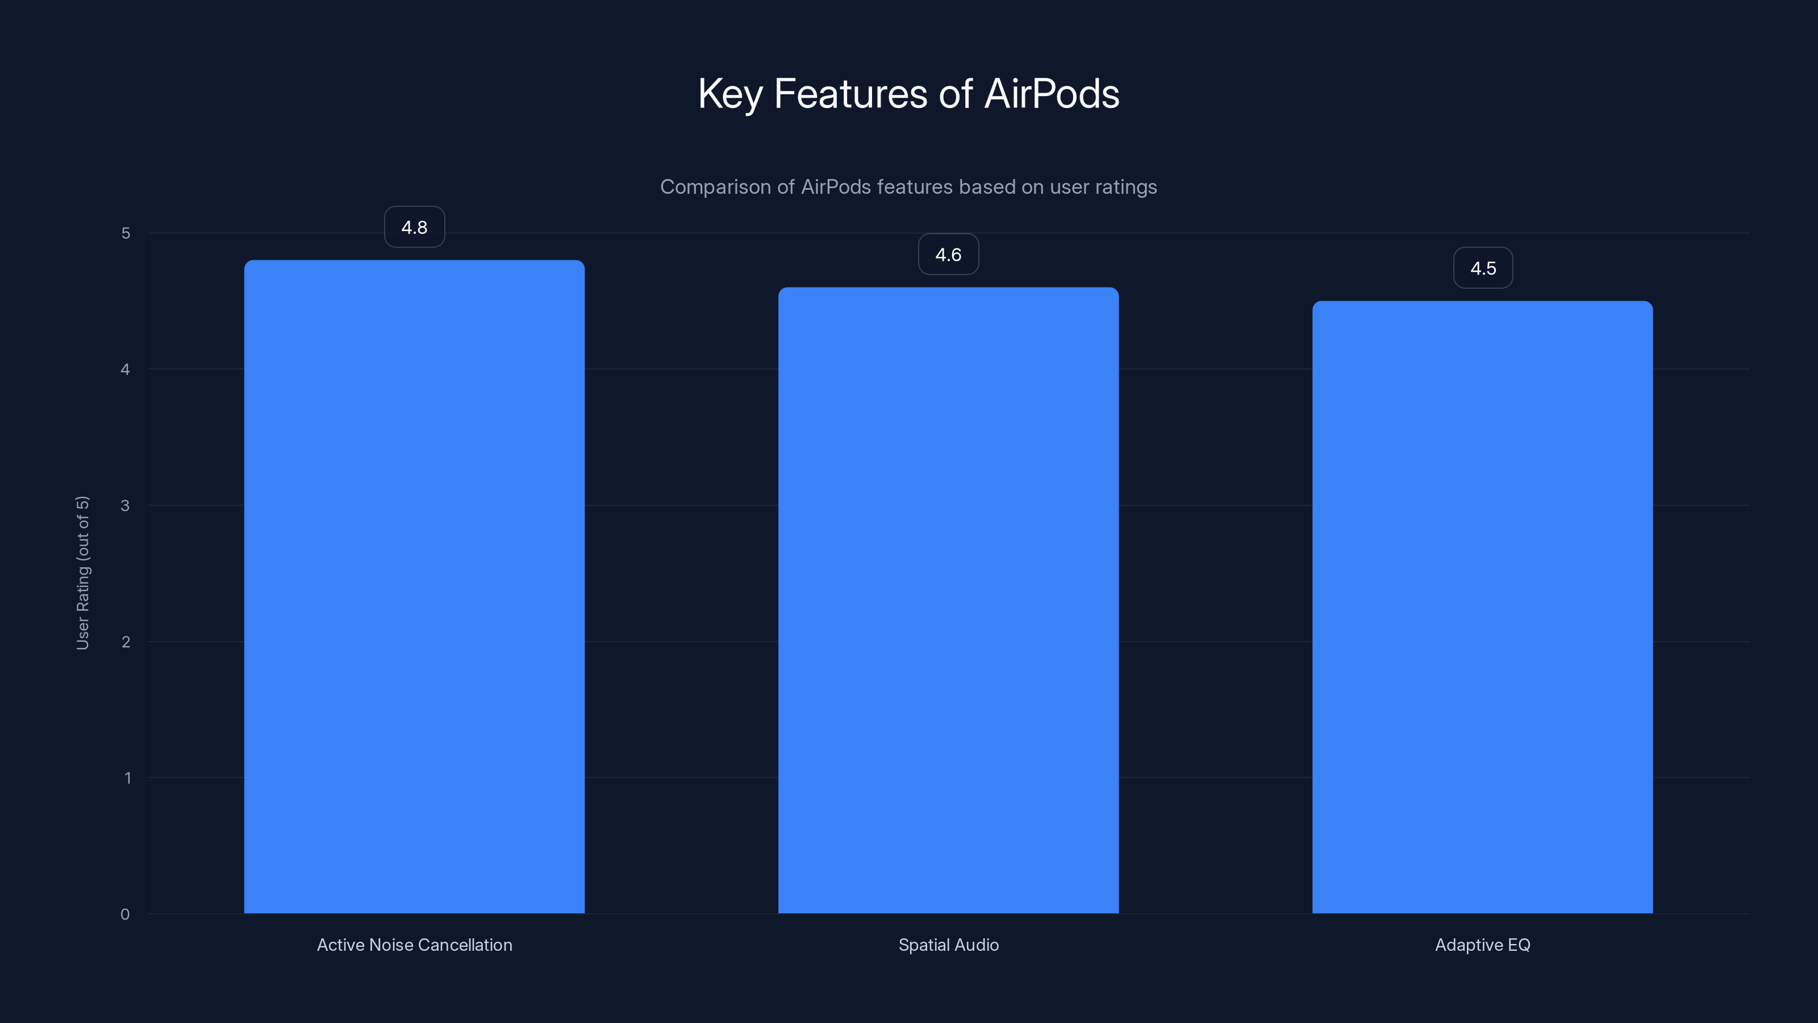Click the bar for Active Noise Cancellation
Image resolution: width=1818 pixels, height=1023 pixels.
(414, 586)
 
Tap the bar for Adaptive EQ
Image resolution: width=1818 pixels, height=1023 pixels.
(1482, 607)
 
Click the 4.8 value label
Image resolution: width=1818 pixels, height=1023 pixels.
(414, 227)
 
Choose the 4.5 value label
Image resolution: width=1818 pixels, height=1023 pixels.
(1483, 268)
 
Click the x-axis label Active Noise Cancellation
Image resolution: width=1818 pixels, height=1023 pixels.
(414, 945)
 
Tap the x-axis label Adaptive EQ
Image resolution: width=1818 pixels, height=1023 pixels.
(1482, 945)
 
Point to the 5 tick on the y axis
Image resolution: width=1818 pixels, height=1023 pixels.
(126, 233)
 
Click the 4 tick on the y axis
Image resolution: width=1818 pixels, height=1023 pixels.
(126, 369)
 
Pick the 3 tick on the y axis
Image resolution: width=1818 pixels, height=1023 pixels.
(126, 505)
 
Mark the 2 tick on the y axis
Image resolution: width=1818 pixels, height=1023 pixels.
(126, 642)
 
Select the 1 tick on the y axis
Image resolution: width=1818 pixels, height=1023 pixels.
(127, 778)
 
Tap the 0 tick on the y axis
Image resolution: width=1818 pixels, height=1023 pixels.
(126, 914)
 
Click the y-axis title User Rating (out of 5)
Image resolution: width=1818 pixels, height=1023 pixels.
(82, 572)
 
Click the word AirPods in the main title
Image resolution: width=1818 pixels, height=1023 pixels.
(1052, 93)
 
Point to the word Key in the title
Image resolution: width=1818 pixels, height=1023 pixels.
(729, 94)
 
